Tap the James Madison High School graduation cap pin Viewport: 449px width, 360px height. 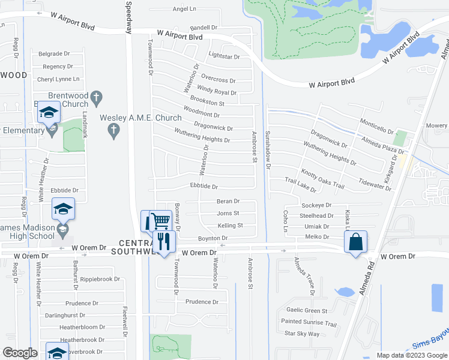63,209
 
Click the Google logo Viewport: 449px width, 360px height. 20,353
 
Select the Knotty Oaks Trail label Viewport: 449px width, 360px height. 322,178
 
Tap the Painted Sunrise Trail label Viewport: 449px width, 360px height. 309,323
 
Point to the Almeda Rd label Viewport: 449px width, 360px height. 366,273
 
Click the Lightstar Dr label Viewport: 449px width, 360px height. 224,56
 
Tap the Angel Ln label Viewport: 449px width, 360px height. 184,9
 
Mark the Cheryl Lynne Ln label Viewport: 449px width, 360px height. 58,79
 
